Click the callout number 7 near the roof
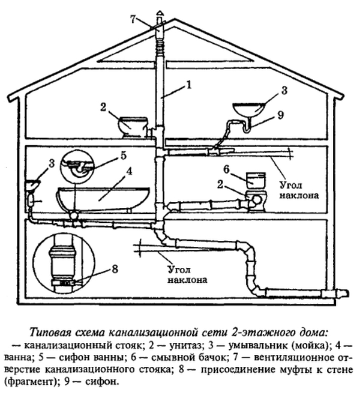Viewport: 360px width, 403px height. tap(133, 20)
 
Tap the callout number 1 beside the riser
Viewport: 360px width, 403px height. tap(189, 85)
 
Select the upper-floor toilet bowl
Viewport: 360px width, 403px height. tap(133, 127)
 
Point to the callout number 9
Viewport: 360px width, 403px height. tap(281, 115)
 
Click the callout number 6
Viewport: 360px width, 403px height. tap(226, 169)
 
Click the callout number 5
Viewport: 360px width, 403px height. tap(124, 156)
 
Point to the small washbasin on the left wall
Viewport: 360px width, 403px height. tap(32, 184)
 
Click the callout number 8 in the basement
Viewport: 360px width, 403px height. tap(115, 269)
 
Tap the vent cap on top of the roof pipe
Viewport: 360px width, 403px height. tap(160, 13)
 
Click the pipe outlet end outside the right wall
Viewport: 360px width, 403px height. tap(345, 293)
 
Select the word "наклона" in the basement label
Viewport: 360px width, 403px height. tap(187, 279)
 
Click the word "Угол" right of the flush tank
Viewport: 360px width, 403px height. tap(290, 185)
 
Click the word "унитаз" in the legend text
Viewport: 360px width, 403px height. tap(185, 346)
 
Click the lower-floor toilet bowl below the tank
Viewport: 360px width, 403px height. tap(256, 201)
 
